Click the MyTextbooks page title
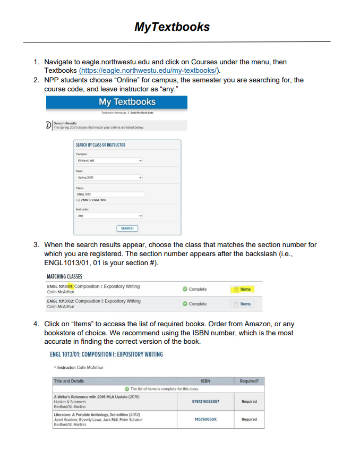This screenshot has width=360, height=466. (x=173, y=27)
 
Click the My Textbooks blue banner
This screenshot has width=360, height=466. (x=127, y=102)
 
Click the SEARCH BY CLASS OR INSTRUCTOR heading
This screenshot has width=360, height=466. (x=100, y=145)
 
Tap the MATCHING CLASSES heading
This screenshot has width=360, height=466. (x=64, y=276)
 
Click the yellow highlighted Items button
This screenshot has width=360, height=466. (x=242, y=289)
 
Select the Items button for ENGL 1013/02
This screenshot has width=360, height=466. (x=242, y=304)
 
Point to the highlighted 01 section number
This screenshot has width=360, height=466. (x=70, y=286)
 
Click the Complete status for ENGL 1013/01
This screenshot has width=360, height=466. (x=194, y=289)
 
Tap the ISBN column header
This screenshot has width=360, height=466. (x=205, y=381)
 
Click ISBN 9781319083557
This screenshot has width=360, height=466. (x=205, y=401)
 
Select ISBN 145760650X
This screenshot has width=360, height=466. (x=205, y=419)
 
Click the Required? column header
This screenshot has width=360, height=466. (x=249, y=381)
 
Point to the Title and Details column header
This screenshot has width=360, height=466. (x=69, y=381)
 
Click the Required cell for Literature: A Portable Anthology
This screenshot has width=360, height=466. (x=249, y=419)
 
